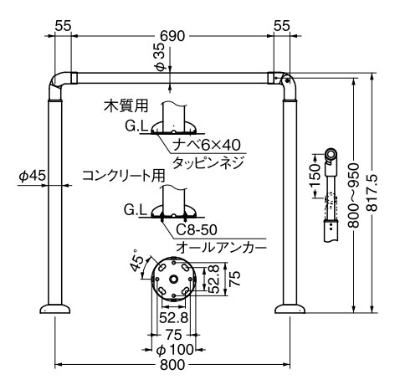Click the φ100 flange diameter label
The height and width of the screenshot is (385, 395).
pos(176,348)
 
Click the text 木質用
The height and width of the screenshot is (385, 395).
pos(126,106)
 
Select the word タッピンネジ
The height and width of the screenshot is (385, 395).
pos(207,161)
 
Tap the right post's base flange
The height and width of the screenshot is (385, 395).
pos(293,310)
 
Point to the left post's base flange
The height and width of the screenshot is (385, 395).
pos(57,310)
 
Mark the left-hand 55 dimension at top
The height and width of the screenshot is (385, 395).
pos(62,26)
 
